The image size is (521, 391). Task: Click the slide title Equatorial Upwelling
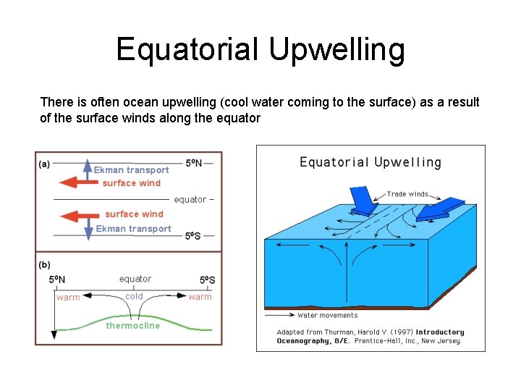[x=260, y=49]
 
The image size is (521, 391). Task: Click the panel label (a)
[x=44, y=164]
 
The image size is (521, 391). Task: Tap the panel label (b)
[x=44, y=264]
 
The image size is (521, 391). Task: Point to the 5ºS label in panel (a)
[x=193, y=236]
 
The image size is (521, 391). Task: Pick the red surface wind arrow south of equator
[x=77, y=215]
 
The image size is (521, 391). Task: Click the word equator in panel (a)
[x=190, y=199]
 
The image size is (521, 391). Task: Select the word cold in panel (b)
[x=134, y=296]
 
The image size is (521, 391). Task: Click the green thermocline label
[x=132, y=326]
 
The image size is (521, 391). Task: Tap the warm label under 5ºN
[x=68, y=298]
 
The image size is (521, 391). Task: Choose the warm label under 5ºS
[x=200, y=297]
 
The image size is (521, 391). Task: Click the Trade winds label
[x=407, y=194]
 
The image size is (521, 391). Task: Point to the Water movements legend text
[x=327, y=315]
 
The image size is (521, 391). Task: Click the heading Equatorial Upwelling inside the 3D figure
[x=370, y=162]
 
